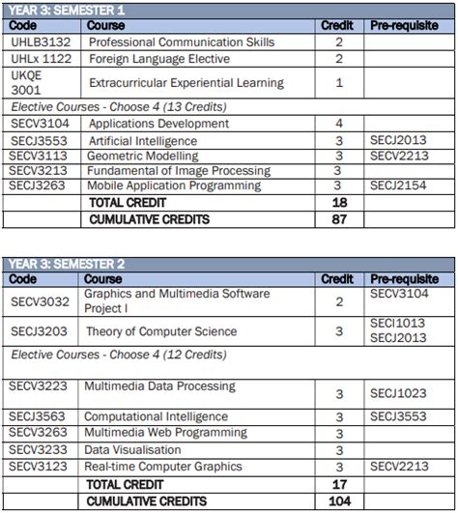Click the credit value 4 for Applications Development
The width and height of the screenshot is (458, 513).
(x=338, y=124)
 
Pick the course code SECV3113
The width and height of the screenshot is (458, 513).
(x=38, y=155)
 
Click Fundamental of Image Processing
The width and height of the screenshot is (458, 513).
(x=179, y=170)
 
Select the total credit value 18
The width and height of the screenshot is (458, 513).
(x=338, y=203)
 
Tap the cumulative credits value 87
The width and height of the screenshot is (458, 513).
(x=338, y=219)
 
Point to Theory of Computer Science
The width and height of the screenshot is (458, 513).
(x=160, y=331)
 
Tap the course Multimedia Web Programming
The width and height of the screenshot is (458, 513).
(x=165, y=433)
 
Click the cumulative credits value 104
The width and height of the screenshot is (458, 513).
(x=338, y=501)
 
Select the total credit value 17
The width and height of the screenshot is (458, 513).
(x=338, y=484)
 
